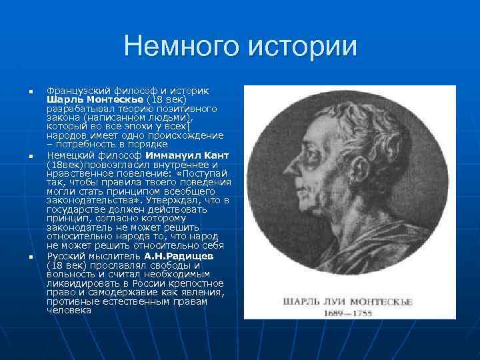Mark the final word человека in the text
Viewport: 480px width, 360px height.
(69, 310)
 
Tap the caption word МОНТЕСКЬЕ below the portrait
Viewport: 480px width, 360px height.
(379, 301)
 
